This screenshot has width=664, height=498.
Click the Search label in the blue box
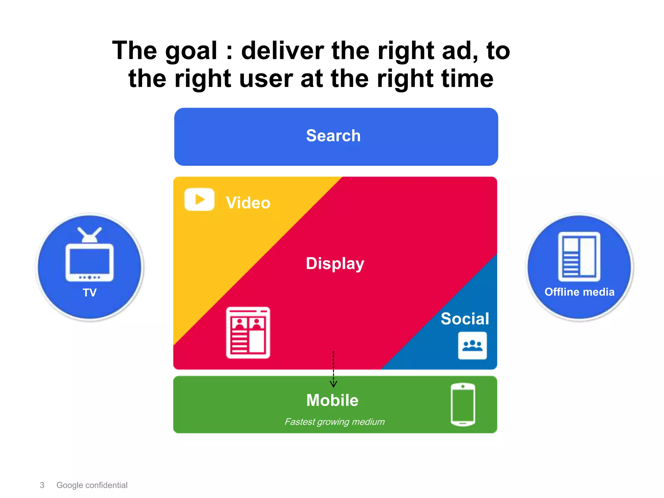333,136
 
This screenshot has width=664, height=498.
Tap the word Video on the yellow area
248,203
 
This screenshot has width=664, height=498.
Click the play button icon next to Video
199,199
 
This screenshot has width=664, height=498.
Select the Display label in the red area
335,263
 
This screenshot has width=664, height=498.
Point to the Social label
465,319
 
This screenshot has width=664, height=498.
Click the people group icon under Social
472,346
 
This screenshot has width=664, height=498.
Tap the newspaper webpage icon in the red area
248,333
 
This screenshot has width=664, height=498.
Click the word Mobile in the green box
332,400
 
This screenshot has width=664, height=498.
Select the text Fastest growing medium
334,422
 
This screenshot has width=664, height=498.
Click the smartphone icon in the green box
463,405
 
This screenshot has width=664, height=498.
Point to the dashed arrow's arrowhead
333,385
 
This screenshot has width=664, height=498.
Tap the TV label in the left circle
89,293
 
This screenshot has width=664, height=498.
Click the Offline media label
579,292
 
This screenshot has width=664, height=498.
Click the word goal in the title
191,51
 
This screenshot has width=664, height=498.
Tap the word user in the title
266,79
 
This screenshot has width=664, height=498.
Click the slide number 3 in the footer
42,485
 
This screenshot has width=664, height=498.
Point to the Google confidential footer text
92,485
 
